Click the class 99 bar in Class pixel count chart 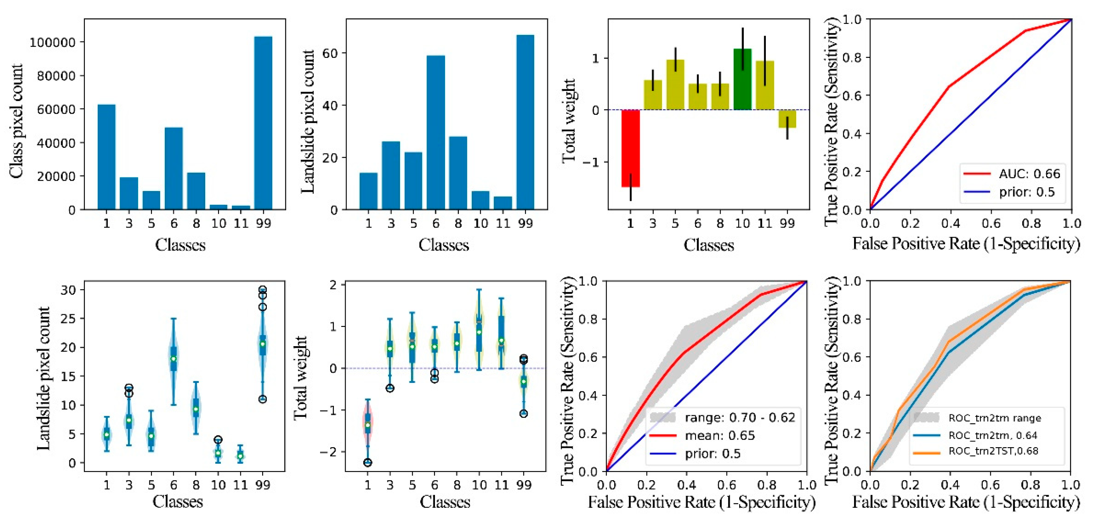point(263,124)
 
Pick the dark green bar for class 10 point(742,79)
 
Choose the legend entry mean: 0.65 point(720,435)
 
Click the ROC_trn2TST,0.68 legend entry point(993,451)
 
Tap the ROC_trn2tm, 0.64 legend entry point(992,435)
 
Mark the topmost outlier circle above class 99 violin point(263,290)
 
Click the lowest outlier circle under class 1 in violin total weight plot point(368,463)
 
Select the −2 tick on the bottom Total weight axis point(330,452)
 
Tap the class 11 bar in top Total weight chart point(765,85)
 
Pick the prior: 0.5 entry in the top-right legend point(1026,192)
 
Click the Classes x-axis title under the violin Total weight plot point(445,502)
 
